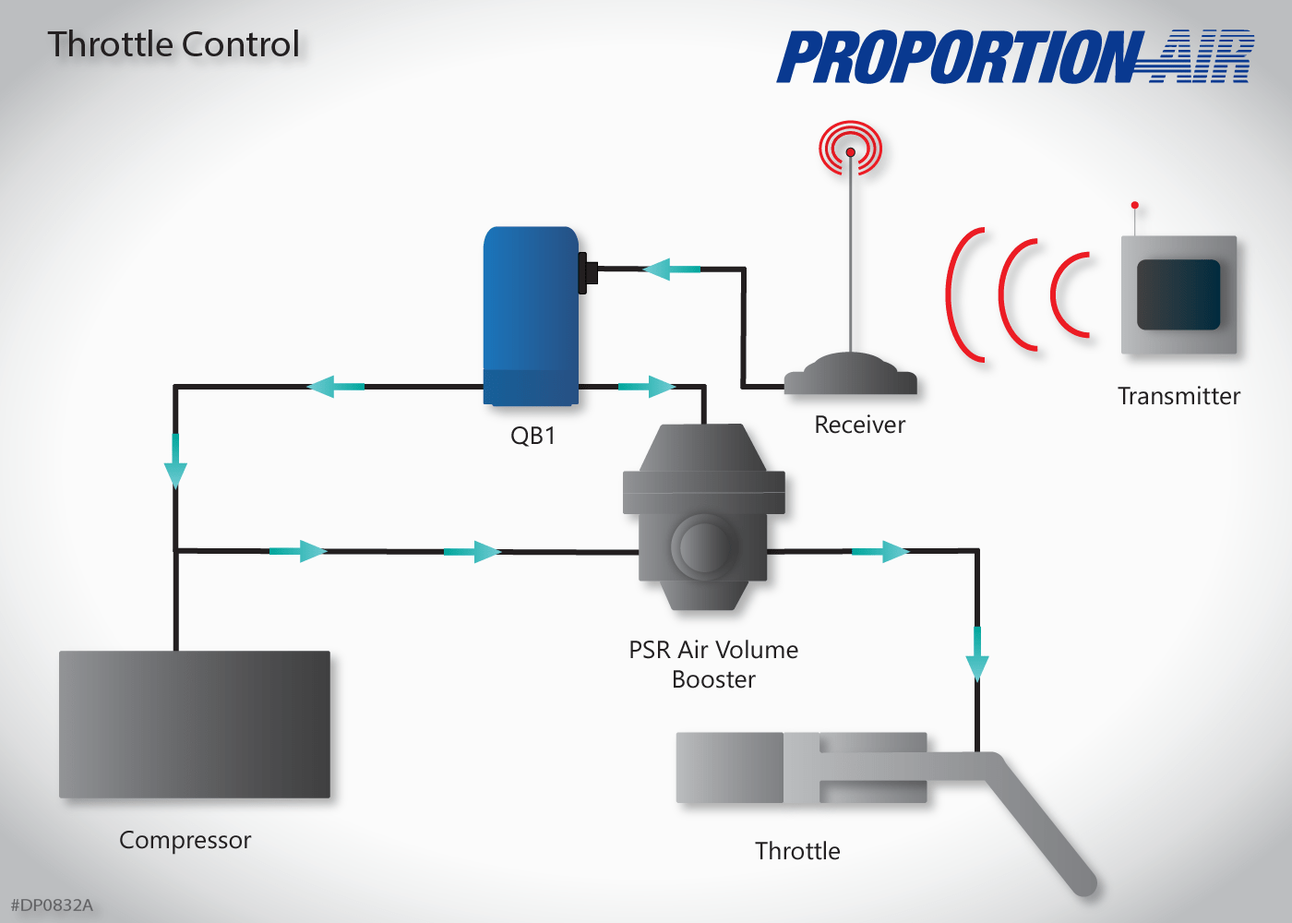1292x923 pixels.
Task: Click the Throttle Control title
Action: pos(173,44)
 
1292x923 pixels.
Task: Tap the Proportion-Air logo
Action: pos(1015,57)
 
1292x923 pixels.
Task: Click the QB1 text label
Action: pos(532,436)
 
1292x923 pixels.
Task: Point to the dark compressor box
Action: pos(195,725)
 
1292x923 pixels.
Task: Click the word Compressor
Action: pos(185,840)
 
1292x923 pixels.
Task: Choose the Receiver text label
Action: pos(859,425)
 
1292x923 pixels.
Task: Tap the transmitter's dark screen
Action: pos(1178,294)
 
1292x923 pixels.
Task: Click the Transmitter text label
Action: pos(1178,396)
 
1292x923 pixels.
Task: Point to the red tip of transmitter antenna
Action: pos(1134,205)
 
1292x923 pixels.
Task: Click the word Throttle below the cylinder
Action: pos(797,851)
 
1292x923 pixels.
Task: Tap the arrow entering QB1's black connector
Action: pos(670,270)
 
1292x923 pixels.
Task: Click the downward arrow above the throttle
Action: pos(977,655)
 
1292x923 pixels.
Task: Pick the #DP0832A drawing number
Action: pos(52,905)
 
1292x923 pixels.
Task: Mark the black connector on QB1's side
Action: pos(587,273)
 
